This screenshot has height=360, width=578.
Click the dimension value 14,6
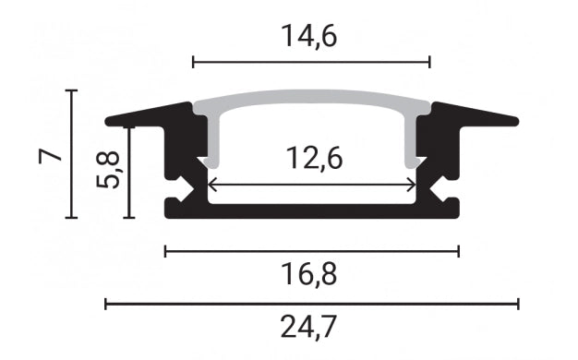pos(311,36)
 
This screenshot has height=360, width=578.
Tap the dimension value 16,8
pos(311,274)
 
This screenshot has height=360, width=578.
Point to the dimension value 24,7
pos(311,326)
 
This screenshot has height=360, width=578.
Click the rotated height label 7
pos(53,154)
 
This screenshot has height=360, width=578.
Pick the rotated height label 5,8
pos(107,170)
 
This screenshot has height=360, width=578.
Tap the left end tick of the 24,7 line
pos(106,304)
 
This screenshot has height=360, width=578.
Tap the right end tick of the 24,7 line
pos(518,304)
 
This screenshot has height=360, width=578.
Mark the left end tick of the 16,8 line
pos(165,250)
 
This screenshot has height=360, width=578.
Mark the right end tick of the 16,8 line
pos(458,250)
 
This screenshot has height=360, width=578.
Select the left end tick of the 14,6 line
pos(193,62)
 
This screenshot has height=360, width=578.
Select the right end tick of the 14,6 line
pos(430,62)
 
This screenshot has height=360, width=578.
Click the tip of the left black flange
pos(108,120)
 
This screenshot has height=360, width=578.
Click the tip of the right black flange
pos(516,120)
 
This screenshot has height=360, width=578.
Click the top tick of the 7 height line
pos(72,90)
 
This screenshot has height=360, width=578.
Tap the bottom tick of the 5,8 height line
pos(129,218)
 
